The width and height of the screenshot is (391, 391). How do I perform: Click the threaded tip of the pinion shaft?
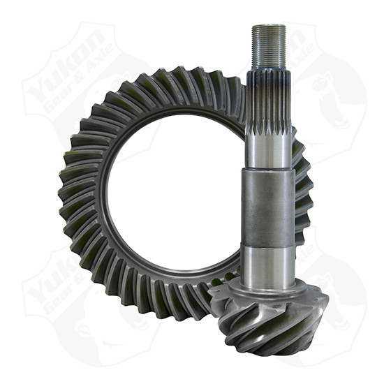point(269,45)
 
